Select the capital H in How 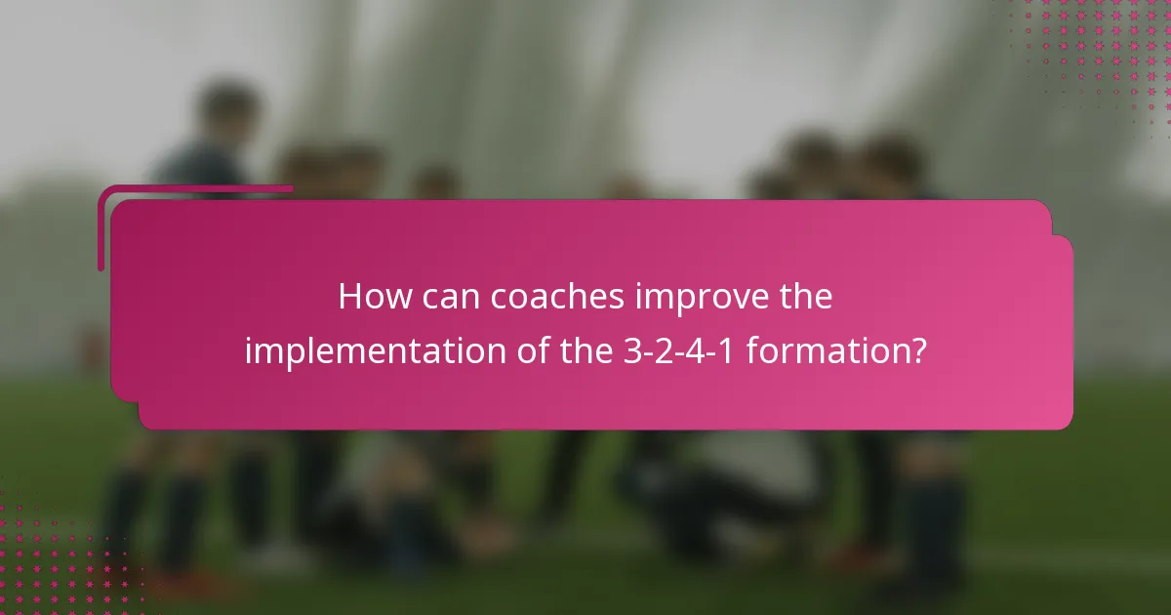348,297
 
